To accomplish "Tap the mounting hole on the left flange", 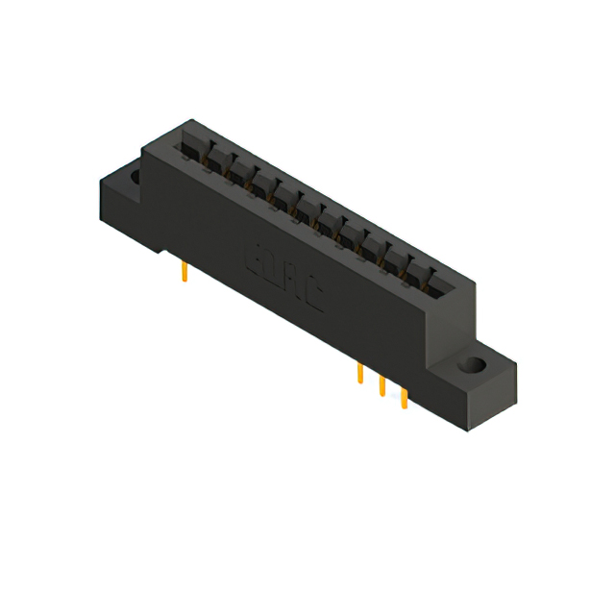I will (x=134, y=177).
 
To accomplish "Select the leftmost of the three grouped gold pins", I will (x=359, y=374).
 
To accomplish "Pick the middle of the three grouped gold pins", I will (x=381, y=385).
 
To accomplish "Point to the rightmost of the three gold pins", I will (x=404, y=397).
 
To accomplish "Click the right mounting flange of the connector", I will (x=480, y=380).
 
